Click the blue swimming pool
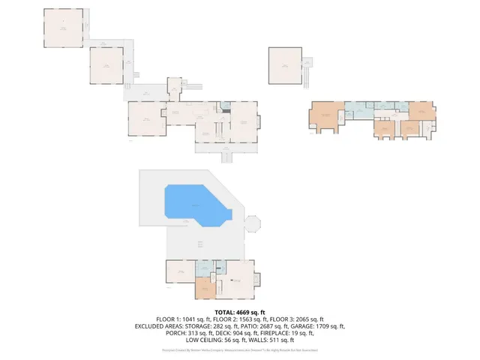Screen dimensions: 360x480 pos(193,205)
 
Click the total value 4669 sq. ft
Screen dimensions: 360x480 pos(250,312)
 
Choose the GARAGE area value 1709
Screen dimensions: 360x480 pos(317,326)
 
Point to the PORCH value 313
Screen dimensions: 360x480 pos(181,334)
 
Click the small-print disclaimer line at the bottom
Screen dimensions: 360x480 pos(239,350)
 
